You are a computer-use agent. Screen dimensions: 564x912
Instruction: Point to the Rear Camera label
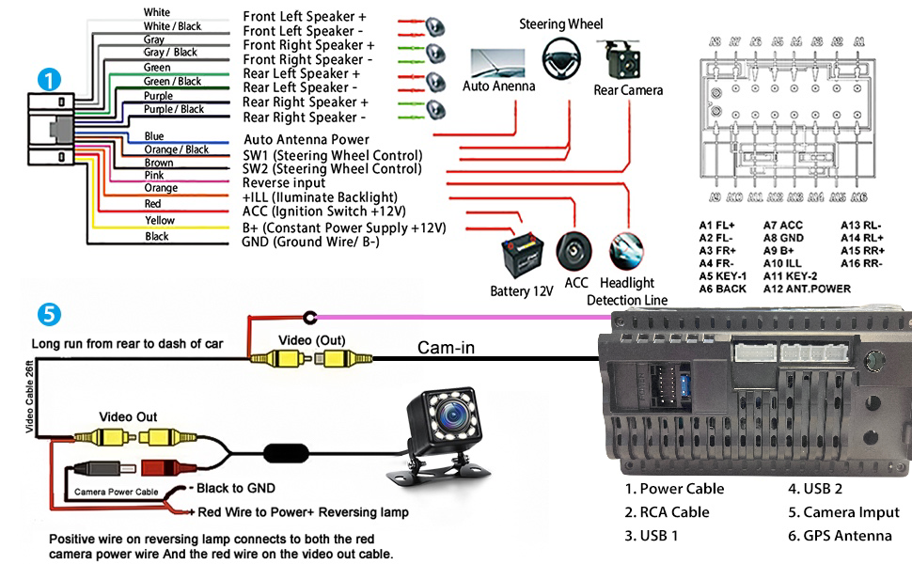click(x=628, y=90)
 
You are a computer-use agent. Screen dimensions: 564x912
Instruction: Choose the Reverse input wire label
click(x=284, y=183)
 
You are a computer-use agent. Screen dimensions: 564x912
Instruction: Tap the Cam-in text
click(x=446, y=349)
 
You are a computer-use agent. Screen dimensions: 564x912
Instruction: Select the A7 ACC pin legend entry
click(x=782, y=226)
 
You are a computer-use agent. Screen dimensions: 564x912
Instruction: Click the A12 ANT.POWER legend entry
click(x=807, y=289)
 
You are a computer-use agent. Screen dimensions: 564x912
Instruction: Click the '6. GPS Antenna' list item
click(x=840, y=536)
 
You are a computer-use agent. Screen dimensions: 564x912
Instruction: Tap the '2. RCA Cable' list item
click(x=667, y=512)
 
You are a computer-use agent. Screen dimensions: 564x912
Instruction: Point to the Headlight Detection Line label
click(x=626, y=291)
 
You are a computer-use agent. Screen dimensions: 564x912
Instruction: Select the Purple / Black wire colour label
click(x=173, y=110)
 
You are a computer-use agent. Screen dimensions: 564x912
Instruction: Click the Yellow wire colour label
click(x=160, y=221)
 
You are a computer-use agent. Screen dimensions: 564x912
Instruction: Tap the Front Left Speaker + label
click(x=305, y=17)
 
